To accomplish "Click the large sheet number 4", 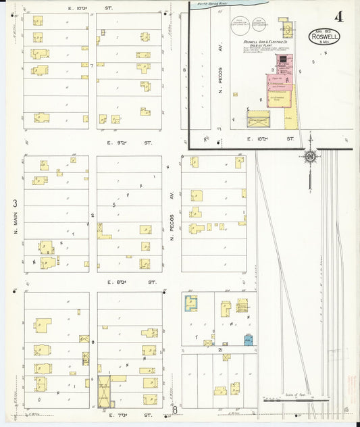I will coord(338,18).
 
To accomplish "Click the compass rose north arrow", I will coord(310,157).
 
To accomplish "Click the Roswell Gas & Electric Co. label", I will coord(263,41).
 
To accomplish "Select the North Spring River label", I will coord(210,6).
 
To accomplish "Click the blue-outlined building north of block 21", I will coord(192,303).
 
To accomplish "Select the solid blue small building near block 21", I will coord(248,340).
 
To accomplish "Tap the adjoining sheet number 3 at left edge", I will coord(14,203).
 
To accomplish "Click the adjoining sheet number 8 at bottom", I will coord(174,409).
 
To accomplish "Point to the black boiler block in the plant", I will coord(283,69).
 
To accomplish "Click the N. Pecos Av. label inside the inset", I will coord(221,68).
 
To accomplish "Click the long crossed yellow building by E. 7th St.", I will coord(105,393).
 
